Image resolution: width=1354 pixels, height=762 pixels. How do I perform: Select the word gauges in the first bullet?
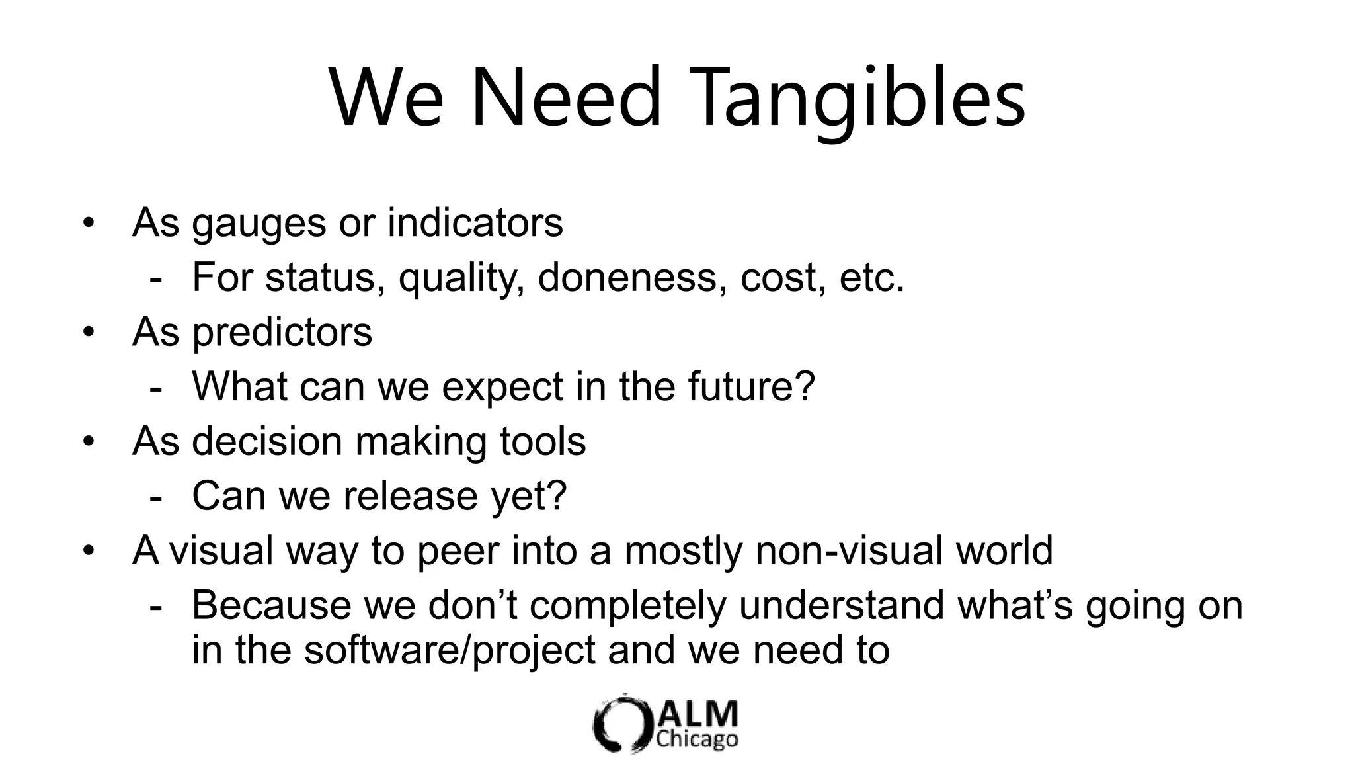tap(259, 224)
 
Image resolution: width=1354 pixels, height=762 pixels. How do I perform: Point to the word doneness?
tap(627, 277)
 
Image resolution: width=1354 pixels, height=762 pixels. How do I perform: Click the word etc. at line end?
tap(871, 277)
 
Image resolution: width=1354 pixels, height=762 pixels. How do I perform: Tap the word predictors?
tap(282, 333)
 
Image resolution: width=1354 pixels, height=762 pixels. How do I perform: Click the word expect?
tap(502, 388)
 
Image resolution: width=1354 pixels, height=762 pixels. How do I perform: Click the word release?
tap(410, 495)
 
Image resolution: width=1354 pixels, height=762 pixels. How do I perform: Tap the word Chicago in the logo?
tap(697, 740)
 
